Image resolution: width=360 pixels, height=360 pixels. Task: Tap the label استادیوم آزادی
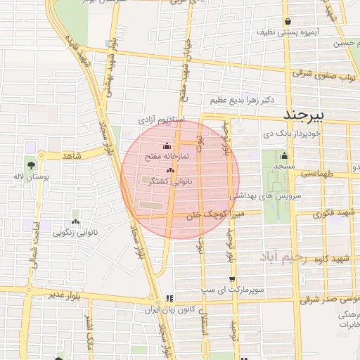pyautogui.click(x=160, y=120)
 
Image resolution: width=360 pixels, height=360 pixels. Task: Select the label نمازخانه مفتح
pyautogui.click(x=167, y=156)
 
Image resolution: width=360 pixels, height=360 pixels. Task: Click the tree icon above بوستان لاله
pyautogui.click(x=32, y=164)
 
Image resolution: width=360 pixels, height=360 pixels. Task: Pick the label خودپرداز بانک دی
pyautogui.click(x=292, y=132)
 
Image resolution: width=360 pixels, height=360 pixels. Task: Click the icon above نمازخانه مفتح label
pyautogui.click(x=167, y=146)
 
